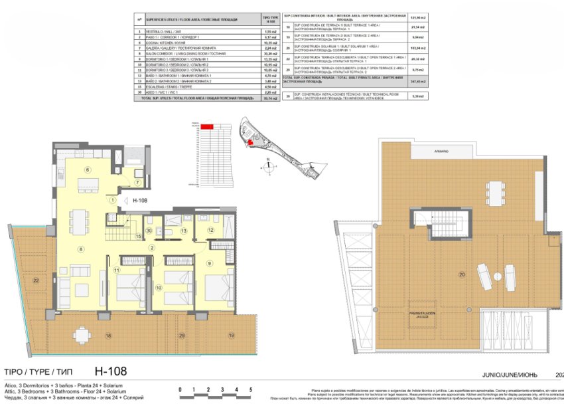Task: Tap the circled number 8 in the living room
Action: pyautogui.click(x=81, y=249)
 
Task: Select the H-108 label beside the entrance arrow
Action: pyautogui.click(x=139, y=199)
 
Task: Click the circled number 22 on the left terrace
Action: pyautogui.click(x=35, y=280)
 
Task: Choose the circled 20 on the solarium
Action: pyautogui.click(x=463, y=274)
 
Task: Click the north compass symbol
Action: pyautogui.click(x=268, y=166)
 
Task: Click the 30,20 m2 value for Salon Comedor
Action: pyautogui.click(x=269, y=54)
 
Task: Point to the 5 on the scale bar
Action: pyautogui.click(x=251, y=390)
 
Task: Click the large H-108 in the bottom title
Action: pyautogui.click(x=110, y=371)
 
